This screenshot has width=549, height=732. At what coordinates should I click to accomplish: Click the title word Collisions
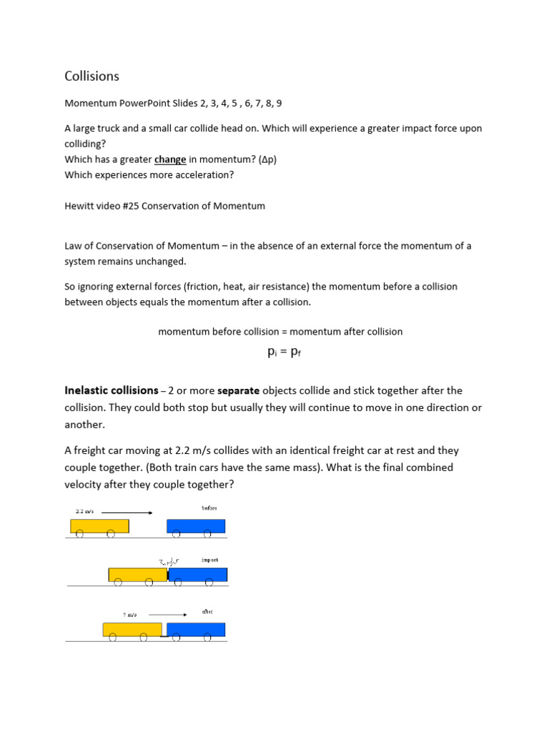click(x=92, y=76)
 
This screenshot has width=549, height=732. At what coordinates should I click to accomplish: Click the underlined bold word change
click(x=170, y=159)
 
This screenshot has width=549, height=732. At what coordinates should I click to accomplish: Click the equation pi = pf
click(x=280, y=352)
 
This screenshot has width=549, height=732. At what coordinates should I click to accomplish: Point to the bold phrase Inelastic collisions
click(x=111, y=391)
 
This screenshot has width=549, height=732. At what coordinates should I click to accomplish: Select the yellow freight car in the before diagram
click(x=99, y=526)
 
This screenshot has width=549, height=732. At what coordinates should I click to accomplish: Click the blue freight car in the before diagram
click(x=195, y=526)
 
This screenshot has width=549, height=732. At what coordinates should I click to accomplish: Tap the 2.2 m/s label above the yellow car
click(x=84, y=512)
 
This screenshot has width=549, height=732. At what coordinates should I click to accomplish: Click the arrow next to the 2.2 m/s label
click(x=126, y=512)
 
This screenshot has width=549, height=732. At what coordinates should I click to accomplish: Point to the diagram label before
click(x=209, y=508)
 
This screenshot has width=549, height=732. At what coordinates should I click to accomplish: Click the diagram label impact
click(x=209, y=560)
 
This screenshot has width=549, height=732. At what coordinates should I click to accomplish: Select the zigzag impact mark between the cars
click(x=169, y=563)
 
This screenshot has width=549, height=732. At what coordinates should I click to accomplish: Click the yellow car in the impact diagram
click(x=137, y=575)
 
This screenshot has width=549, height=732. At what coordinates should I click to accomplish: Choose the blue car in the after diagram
click(x=196, y=630)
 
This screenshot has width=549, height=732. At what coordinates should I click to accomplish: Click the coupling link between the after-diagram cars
click(x=164, y=635)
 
